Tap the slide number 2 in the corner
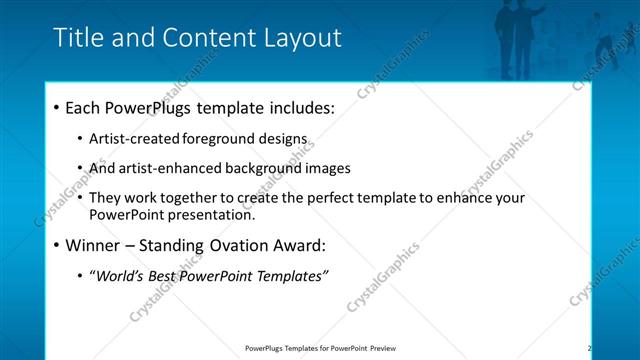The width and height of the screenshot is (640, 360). (589, 348)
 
